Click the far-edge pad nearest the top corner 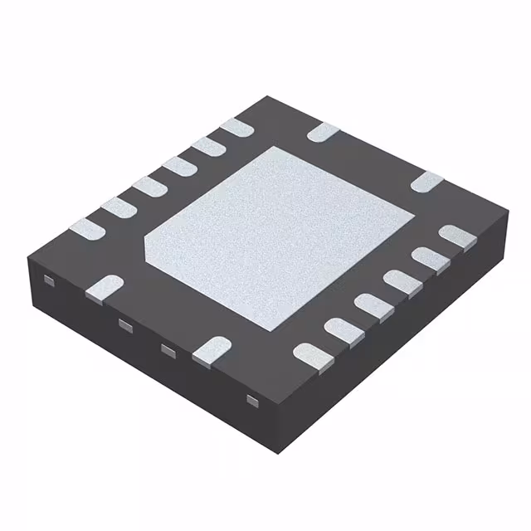coord(323,131)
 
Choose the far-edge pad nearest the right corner coord(428,181)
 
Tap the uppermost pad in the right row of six coord(455,236)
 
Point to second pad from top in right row coord(427,257)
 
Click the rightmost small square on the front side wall coord(251,400)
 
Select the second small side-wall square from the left coord(125,324)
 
